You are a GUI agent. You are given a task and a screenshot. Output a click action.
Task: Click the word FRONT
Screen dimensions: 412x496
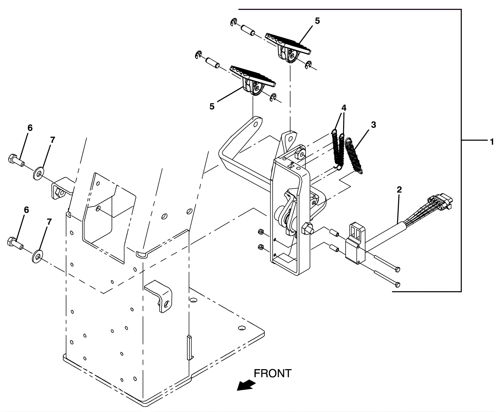(x=273, y=373)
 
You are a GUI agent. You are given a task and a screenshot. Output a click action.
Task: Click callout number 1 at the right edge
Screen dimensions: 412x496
(x=491, y=142)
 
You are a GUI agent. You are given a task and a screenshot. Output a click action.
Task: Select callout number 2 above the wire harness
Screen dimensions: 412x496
(x=399, y=189)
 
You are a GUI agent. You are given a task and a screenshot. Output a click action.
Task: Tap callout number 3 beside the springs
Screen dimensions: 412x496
(x=373, y=125)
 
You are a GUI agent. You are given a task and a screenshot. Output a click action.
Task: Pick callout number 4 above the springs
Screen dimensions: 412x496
(x=344, y=108)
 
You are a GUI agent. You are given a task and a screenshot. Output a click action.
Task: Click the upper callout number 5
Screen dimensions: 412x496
(x=317, y=21)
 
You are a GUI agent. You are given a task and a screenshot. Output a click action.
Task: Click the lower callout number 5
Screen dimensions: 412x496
(x=212, y=106)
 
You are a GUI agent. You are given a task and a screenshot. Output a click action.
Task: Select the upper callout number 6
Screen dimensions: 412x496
(x=30, y=128)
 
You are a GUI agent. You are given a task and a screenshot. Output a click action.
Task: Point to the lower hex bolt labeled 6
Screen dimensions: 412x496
(x=15, y=242)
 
